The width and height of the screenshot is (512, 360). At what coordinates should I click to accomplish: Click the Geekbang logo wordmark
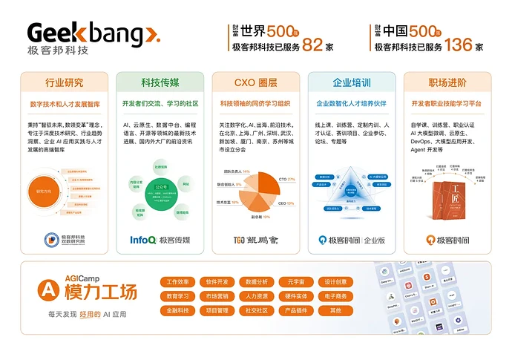93,34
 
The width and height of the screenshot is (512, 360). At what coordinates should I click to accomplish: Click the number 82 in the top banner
312,45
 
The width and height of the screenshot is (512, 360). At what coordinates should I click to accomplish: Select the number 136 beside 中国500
459,45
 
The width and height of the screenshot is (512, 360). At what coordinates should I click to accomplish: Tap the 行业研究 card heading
65,82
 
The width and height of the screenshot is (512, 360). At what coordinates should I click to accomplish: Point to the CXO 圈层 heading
255,82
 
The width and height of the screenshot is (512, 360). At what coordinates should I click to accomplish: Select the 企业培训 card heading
351,82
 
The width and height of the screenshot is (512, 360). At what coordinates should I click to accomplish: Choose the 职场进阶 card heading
447,82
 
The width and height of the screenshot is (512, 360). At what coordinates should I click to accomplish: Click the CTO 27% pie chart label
286,179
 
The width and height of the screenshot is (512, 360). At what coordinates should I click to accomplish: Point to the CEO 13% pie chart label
286,203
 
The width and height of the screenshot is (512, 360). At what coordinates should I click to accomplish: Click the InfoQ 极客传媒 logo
160,240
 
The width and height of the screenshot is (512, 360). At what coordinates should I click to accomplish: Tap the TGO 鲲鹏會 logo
255,240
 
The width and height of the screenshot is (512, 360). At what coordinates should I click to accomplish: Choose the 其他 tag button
335,310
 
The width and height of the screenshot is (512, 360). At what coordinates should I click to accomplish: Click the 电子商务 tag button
335,296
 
